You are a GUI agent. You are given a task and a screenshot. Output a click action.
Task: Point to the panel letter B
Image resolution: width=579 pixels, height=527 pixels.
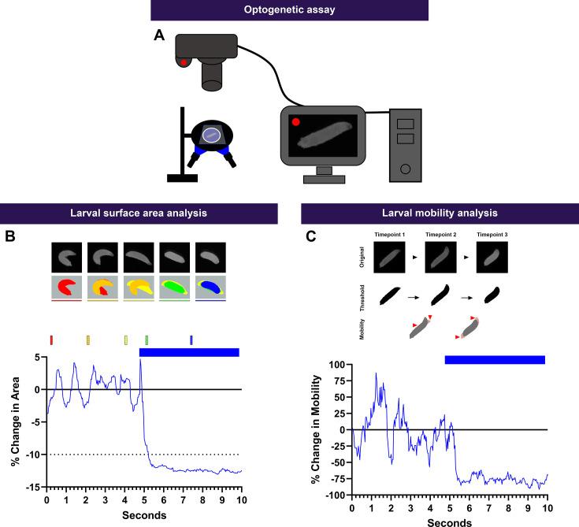coord(11,234)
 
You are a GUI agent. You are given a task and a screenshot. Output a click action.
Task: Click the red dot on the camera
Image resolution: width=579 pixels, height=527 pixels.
coord(184,62)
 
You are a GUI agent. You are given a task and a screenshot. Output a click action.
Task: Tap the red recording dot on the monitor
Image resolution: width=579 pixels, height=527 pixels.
coord(295,122)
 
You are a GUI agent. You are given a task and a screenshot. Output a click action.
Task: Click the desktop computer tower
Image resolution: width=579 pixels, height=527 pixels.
coord(406,143)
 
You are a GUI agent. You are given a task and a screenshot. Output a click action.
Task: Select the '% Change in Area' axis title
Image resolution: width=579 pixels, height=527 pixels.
coord(16,421)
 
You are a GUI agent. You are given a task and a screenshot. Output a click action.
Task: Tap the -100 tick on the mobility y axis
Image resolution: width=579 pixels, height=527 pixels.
coord(334,495)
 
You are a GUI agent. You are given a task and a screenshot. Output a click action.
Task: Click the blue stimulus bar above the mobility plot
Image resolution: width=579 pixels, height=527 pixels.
coord(495,359)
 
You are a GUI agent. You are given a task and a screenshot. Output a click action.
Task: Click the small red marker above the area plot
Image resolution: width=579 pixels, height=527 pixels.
coord(51,340)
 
